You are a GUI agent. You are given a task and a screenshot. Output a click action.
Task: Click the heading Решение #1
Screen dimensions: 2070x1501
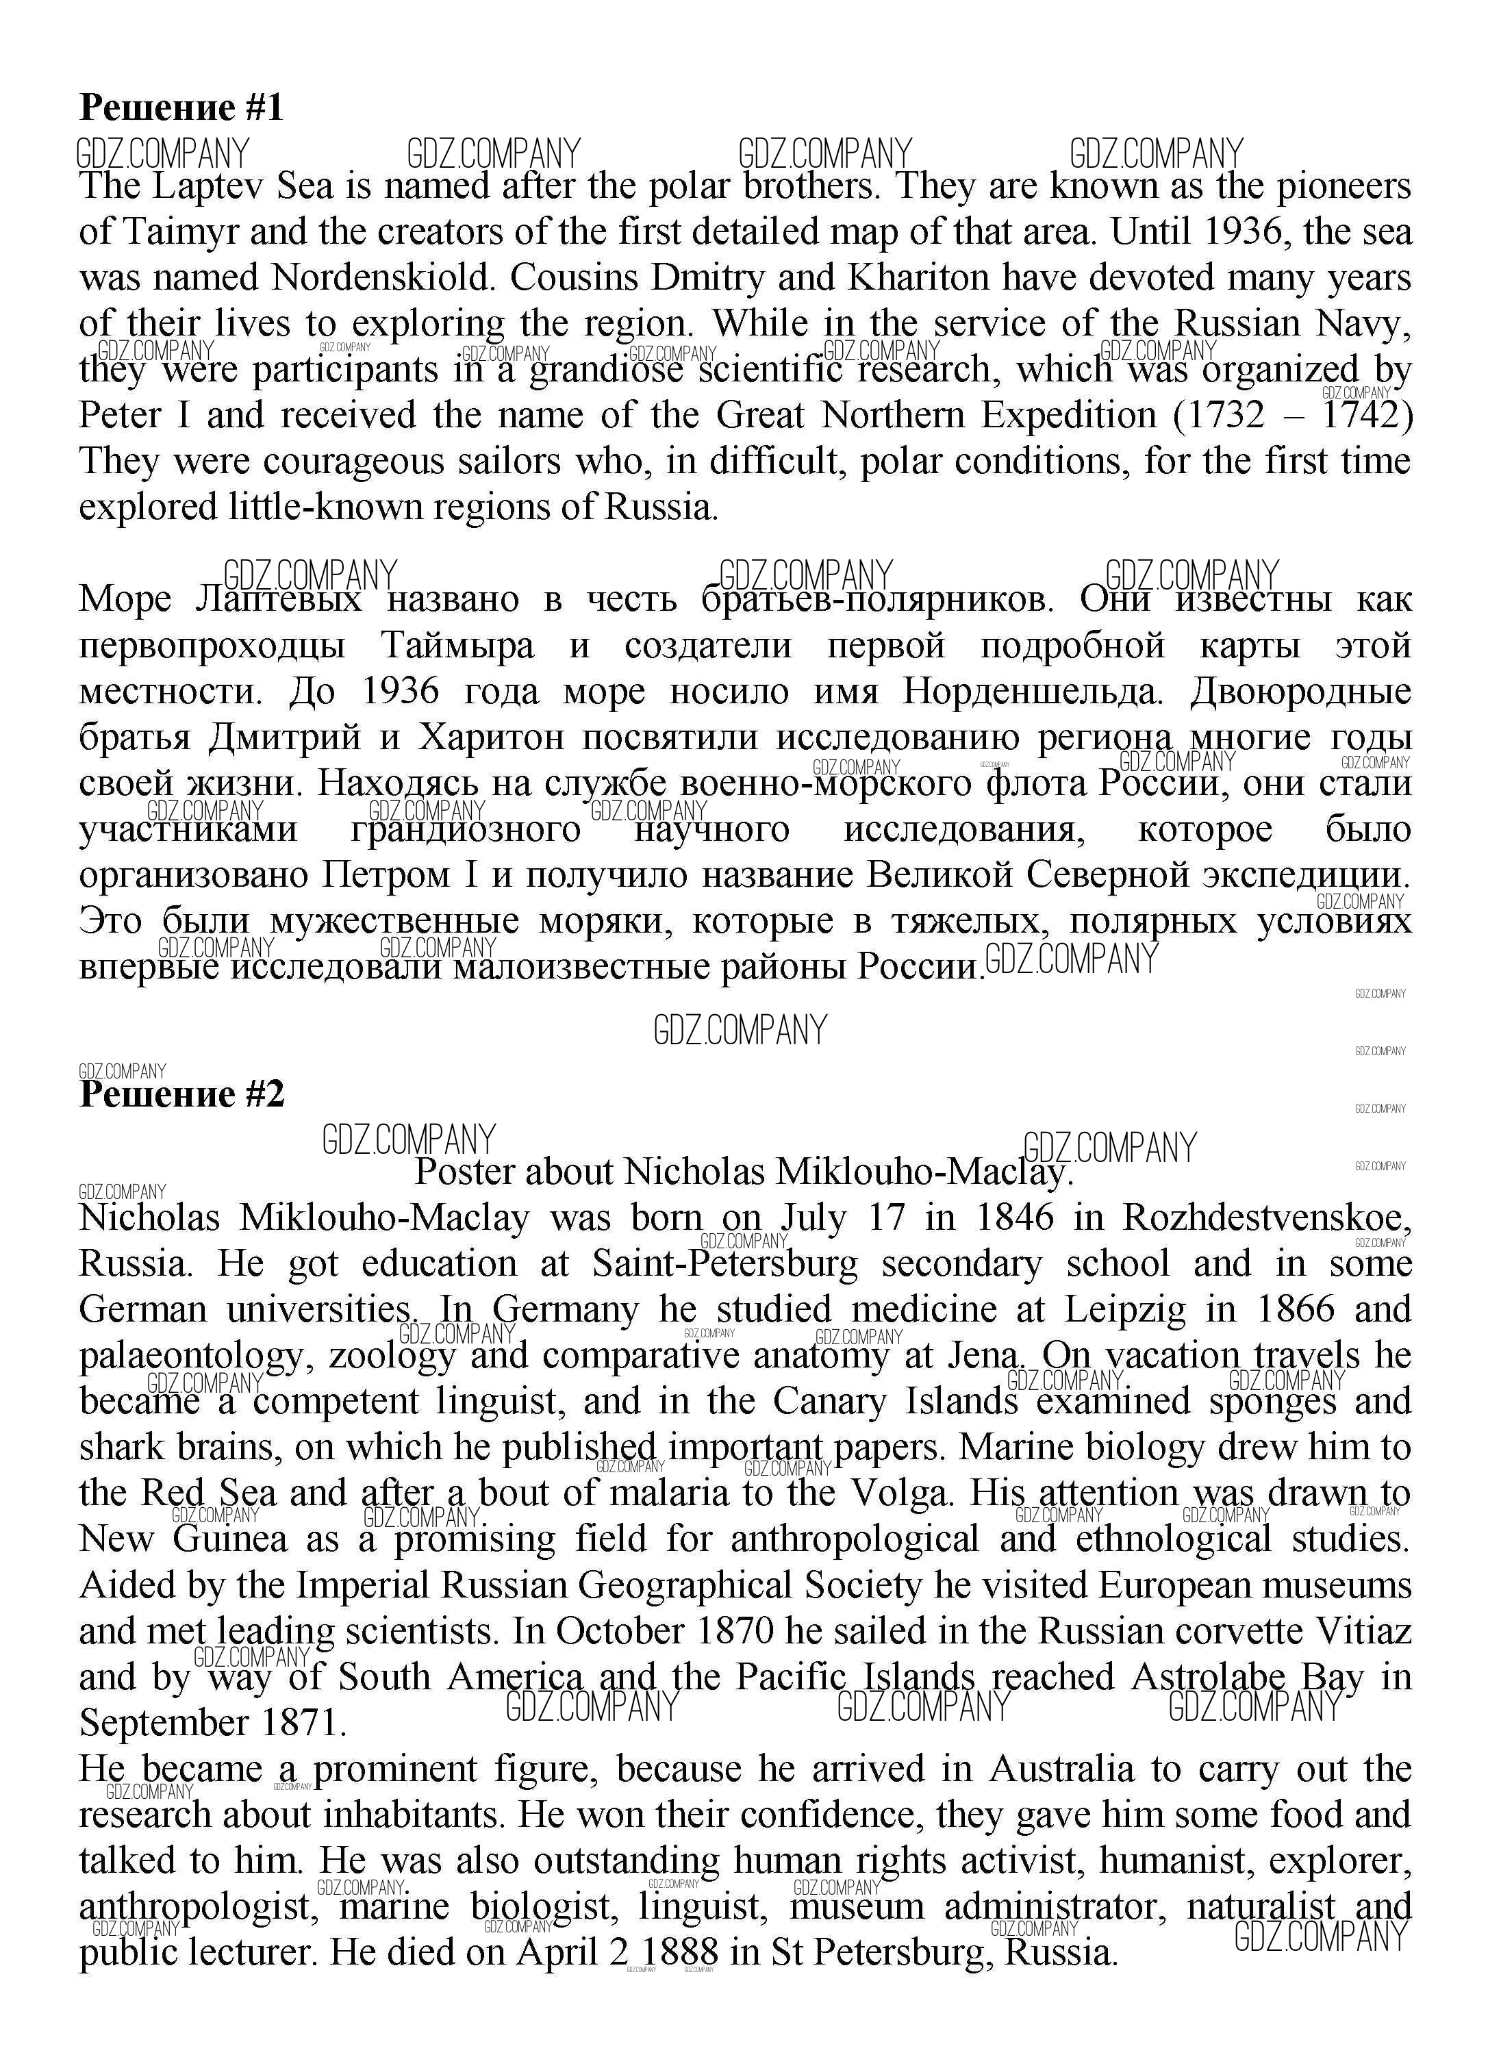181,108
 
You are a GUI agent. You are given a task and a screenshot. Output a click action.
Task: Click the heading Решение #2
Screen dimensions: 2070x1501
181,1094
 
